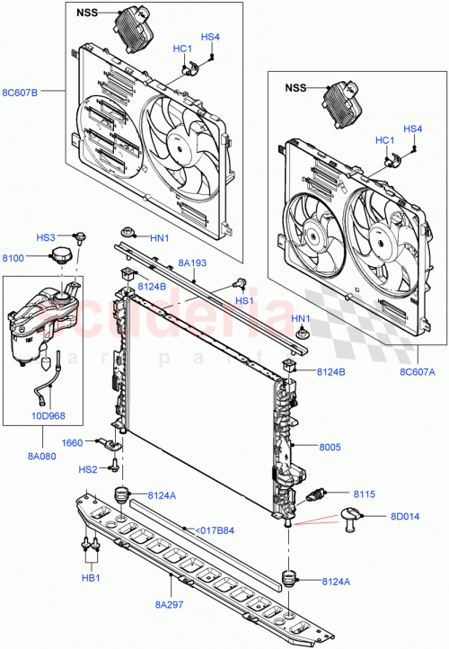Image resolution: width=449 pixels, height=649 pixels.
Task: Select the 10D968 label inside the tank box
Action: coord(49,415)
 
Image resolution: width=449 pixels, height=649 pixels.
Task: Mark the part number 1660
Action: coord(73,443)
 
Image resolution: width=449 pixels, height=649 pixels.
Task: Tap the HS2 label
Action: coord(87,468)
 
